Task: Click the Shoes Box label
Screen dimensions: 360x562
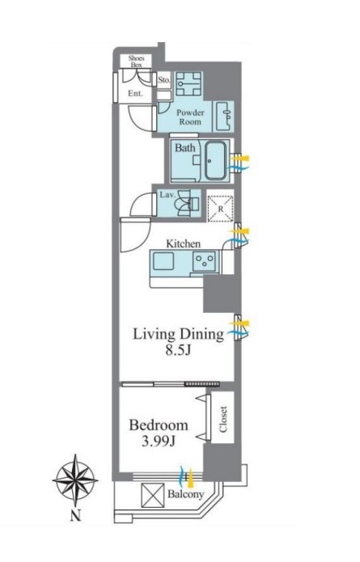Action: [136, 61]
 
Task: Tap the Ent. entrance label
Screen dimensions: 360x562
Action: [136, 94]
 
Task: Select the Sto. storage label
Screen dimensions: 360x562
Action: [164, 80]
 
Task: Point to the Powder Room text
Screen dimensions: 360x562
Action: [190, 116]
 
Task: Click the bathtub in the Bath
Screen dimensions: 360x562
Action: [215, 161]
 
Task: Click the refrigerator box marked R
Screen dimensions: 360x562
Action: [221, 209]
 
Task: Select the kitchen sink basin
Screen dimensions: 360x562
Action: [163, 261]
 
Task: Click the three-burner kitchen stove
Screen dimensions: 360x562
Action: [205, 260]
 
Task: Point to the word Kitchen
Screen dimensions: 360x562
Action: [183, 243]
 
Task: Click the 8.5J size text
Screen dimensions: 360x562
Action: [178, 350]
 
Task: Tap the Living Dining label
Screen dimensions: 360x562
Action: [178, 334]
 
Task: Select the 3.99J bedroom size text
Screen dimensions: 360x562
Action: [158, 442]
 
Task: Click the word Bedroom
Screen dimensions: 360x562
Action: [159, 425]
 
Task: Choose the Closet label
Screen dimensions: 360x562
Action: [223, 419]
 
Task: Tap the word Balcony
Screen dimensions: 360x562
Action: [186, 494]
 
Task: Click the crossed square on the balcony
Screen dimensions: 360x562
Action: [153, 496]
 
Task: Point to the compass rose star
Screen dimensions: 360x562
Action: [75, 480]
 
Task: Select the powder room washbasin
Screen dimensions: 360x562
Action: [224, 116]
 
